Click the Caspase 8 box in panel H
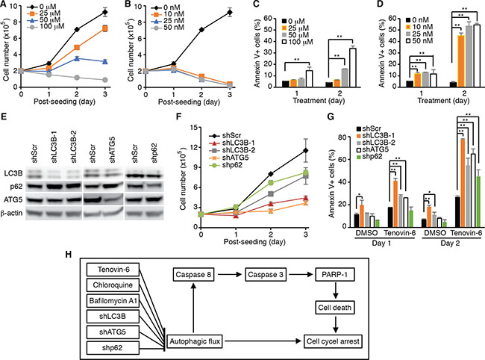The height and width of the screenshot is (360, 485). click(193, 275)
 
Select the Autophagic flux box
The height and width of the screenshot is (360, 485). click(195, 341)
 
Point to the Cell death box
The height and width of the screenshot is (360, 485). click(335, 308)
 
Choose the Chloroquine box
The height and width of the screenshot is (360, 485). click(113, 285)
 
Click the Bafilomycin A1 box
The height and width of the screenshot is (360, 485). click(113, 300)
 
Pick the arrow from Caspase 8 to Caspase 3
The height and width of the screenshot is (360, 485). click(230, 275)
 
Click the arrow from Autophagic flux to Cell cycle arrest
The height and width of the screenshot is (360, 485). click(263, 341)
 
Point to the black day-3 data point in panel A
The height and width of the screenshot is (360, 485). click(105, 13)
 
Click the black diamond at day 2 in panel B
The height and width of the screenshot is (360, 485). click(201, 30)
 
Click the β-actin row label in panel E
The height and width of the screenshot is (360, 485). click(11, 213)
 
